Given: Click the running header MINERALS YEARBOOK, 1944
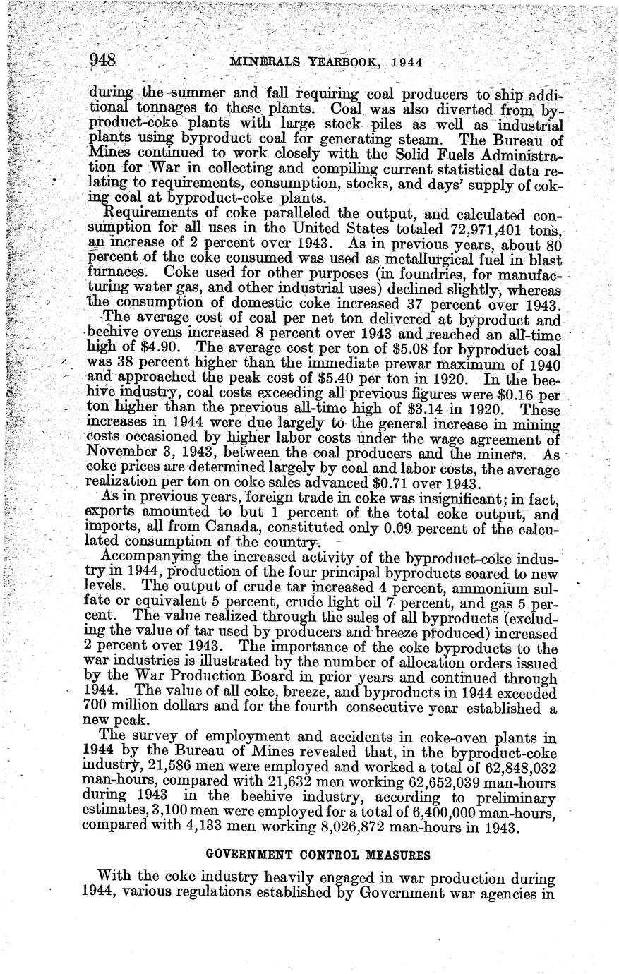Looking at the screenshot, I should tap(326, 62).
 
